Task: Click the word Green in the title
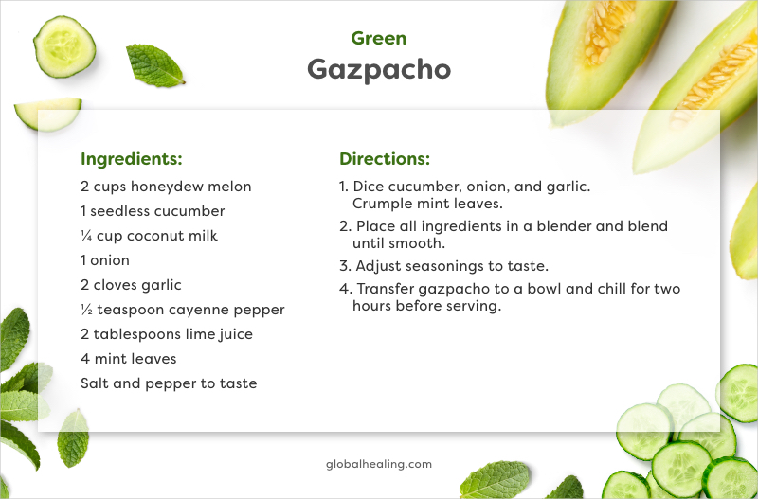(x=378, y=39)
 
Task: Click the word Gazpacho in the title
(x=378, y=70)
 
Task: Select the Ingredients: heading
(x=131, y=159)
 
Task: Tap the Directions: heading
(x=385, y=159)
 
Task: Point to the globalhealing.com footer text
(x=378, y=464)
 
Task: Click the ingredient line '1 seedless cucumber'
(x=153, y=211)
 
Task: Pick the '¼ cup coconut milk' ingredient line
(x=149, y=236)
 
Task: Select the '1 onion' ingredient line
(x=105, y=260)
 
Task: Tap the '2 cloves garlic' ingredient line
(x=131, y=285)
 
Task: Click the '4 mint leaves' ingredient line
(x=128, y=359)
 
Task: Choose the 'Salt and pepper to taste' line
(x=169, y=383)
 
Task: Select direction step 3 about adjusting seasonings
(x=444, y=266)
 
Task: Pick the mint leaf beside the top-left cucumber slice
(x=154, y=65)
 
